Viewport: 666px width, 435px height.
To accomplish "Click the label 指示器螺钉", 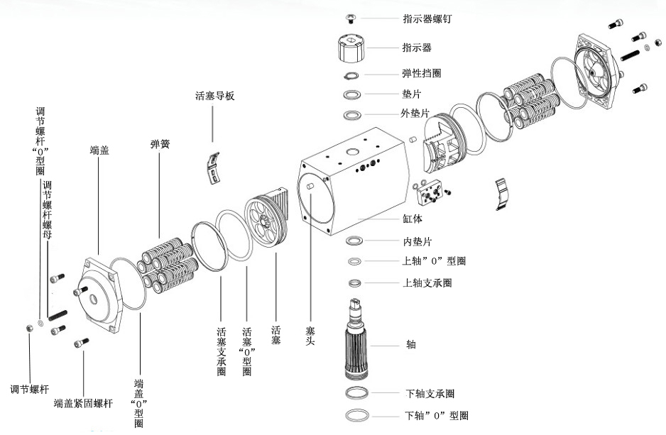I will point(427,19).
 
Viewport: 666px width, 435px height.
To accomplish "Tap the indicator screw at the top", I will point(351,17).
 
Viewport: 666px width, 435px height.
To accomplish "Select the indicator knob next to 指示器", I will point(351,48).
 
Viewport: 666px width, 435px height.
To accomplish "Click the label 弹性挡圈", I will point(422,74).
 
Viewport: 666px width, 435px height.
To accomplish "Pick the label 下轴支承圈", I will point(430,394).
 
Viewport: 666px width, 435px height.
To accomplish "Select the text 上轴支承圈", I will point(427,283).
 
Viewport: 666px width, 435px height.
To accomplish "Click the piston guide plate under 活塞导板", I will point(213,167).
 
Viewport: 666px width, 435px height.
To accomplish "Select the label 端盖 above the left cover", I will point(99,150).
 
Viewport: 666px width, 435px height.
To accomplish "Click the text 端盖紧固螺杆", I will point(83,404).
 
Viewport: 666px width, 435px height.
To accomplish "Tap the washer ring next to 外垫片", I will point(352,115).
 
